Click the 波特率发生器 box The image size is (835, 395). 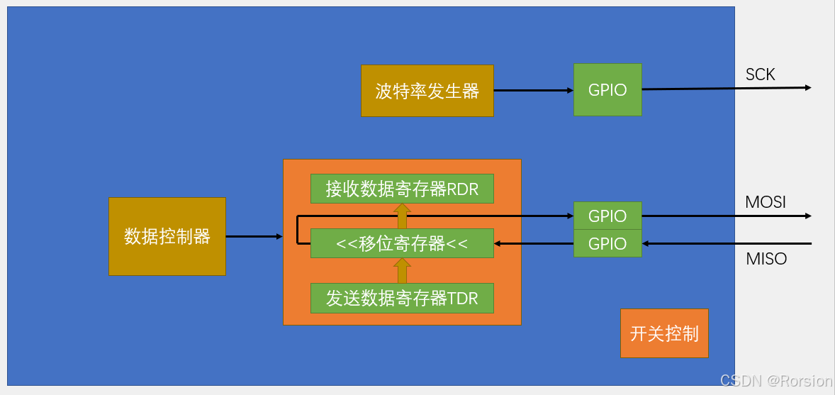coord(427,91)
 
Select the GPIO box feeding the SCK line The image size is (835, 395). coord(607,90)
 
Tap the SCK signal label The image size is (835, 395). coord(760,74)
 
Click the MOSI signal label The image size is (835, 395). coord(766,202)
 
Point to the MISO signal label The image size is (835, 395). coord(766,259)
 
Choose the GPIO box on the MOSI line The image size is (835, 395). coord(607,216)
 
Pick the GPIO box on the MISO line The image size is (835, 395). coord(607,243)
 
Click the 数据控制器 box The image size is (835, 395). coord(167,236)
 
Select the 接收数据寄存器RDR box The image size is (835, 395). coord(402,189)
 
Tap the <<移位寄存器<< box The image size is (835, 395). coord(402,243)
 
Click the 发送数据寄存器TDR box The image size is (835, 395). coord(402,298)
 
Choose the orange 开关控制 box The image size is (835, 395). coord(664,333)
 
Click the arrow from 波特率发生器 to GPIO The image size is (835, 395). coord(533,91)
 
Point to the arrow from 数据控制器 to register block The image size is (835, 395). coord(254,236)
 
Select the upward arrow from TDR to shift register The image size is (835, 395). coord(402,270)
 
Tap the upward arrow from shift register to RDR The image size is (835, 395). coord(402,216)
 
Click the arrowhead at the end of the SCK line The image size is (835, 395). coord(807,87)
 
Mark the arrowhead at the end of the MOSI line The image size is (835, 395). coord(807,216)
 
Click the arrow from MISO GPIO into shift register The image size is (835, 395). coord(533,243)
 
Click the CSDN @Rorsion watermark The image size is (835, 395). coord(776,381)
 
